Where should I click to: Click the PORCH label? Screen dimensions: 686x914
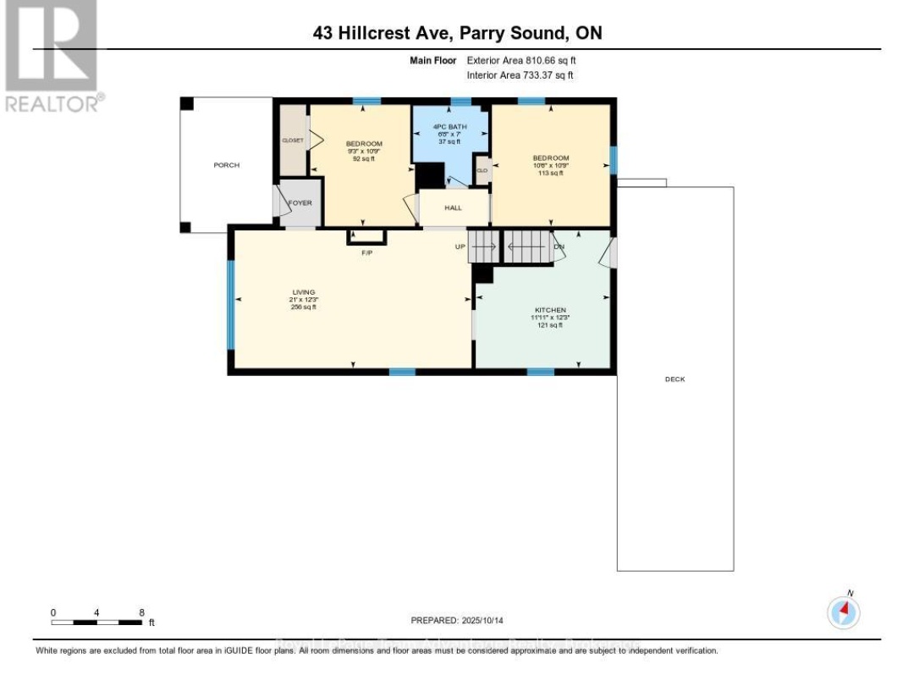pos(226,165)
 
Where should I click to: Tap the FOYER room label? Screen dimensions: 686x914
pos(300,203)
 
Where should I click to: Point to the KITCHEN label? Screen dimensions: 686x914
pos(550,310)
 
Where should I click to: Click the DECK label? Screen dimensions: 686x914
pos(674,379)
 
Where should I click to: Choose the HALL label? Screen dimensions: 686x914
pos(453,207)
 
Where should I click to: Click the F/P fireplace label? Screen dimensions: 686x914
pos(366,252)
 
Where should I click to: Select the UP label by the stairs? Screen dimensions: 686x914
pos(461,246)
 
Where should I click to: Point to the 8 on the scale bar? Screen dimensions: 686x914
pos(141,611)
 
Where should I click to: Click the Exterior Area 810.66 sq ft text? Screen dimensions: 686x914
pos(520,61)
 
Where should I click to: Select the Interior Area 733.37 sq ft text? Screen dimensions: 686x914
pos(520,75)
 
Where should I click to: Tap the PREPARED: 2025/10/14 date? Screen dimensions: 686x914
pos(457,621)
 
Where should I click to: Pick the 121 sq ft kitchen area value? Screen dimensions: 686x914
pos(550,326)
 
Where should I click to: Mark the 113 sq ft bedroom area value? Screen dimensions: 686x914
pos(550,174)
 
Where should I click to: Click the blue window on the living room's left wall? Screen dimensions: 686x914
pos(230,305)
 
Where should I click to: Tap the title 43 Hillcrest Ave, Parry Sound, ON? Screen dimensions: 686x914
pos(457,33)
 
